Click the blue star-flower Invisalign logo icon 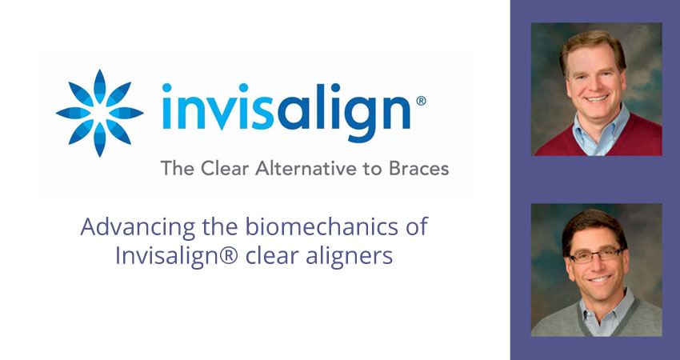click(x=100, y=113)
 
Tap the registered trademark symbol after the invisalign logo click(x=421, y=101)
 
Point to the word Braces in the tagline click(x=418, y=168)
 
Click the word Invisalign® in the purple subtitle click(x=177, y=256)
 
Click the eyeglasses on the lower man click(x=596, y=255)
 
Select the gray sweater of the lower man click(x=598, y=318)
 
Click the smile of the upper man click(x=597, y=98)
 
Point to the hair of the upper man click(x=592, y=47)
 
